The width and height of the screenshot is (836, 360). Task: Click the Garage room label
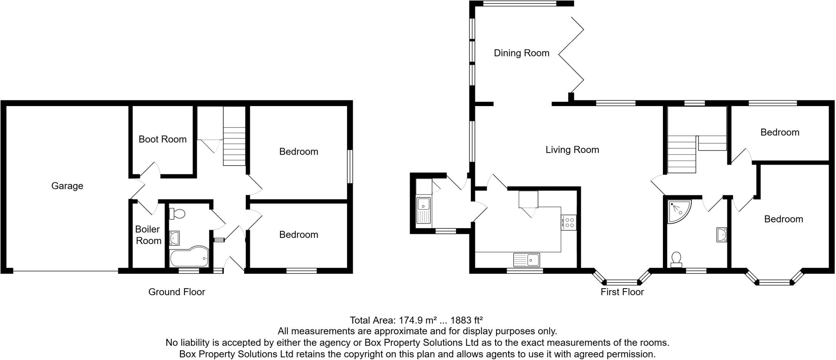(x=67, y=186)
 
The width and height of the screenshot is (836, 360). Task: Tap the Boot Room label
(x=162, y=139)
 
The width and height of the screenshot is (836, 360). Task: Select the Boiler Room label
(x=148, y=235)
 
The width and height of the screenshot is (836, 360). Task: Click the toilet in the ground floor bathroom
(x=177, y=213)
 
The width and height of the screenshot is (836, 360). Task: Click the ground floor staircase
(x=234, y=146)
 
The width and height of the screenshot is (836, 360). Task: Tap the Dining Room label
(x=521, y=53)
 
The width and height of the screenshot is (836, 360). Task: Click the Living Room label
(x=572, y=150)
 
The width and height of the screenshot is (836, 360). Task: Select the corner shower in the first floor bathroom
(x=678, y=211)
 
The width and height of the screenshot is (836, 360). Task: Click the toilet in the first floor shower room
(x=676, y=259)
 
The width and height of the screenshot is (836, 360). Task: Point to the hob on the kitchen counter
(x=569, y=222)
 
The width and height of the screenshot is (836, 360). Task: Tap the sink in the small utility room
(x=424, y=210)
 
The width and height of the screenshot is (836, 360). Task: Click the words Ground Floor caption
(x=176, y=292)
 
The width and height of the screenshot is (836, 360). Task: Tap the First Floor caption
(x=622, y=292)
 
